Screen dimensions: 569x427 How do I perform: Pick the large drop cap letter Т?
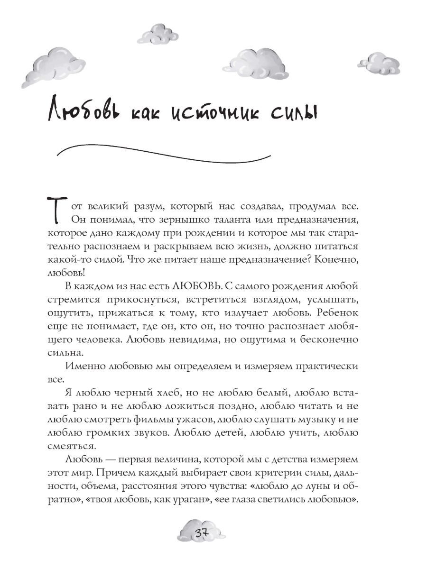click(x=57, y=211)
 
